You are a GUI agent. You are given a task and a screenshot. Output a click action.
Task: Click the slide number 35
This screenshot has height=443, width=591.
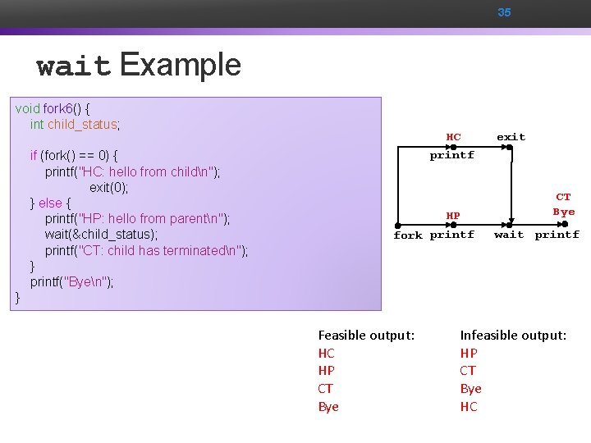(504, 12)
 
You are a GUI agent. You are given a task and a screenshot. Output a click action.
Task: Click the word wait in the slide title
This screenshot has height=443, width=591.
(74, 66)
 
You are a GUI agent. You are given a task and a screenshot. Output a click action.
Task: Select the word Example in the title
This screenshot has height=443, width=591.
(181, 64)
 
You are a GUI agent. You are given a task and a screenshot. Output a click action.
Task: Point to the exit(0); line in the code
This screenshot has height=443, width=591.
(109, 187)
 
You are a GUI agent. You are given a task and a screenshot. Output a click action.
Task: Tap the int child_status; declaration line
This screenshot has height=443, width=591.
(75, 125)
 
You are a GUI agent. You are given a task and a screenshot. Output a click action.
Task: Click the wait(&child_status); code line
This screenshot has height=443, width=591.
(101, 235)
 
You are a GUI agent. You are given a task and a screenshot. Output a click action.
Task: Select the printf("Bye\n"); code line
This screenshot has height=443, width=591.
(72, 282)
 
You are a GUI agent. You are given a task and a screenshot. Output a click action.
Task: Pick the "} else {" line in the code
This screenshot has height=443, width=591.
(51, 203)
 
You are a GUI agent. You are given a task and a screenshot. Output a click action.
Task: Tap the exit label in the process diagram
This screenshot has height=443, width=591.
(511, 137)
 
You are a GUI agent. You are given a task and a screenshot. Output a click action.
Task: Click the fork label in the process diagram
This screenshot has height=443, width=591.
(408, 235)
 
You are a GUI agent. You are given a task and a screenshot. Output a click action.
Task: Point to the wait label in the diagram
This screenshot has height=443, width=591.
(509, 235)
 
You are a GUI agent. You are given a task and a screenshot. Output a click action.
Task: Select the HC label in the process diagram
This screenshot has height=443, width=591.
(453, 137)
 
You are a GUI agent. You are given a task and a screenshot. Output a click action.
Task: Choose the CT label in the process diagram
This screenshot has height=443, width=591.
(563, 197)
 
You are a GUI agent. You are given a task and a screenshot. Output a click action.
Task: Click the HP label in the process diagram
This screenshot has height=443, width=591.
(453, 216)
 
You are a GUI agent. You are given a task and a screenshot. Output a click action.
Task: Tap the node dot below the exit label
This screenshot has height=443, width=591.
(509, 148)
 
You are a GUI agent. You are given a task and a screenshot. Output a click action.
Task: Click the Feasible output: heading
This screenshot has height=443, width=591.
(366, 335)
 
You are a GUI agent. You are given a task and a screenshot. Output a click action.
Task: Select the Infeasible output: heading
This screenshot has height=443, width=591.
(513, 335)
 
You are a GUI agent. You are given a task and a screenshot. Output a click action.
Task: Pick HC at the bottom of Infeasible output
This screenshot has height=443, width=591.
(469, 407)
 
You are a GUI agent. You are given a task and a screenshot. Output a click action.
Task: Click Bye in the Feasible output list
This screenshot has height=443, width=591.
(328, 407)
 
